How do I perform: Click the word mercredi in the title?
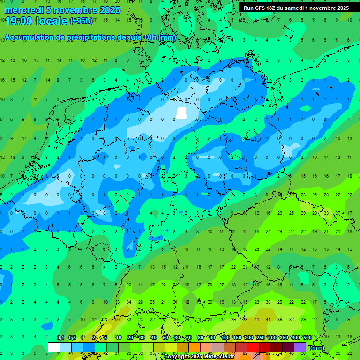(x=22, y=10)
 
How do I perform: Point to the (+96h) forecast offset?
(x=81, y=21)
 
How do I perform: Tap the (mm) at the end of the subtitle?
(x=167, y=37)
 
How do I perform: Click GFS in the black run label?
(x=260, y=8)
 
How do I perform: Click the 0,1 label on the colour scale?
(x=60, y=338)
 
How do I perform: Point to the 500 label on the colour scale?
(x=307, y=338)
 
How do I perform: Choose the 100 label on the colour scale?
(x=225, y=338)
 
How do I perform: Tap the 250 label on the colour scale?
(x=260, y=338)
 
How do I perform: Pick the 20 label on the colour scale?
(x=130, y=338)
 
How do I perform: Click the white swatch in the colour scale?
(x=54, y=347)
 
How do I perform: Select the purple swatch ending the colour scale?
(x=300, y=347)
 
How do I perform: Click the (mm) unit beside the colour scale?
(x=317, y=348)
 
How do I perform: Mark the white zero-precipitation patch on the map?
(x=181, y=112)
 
